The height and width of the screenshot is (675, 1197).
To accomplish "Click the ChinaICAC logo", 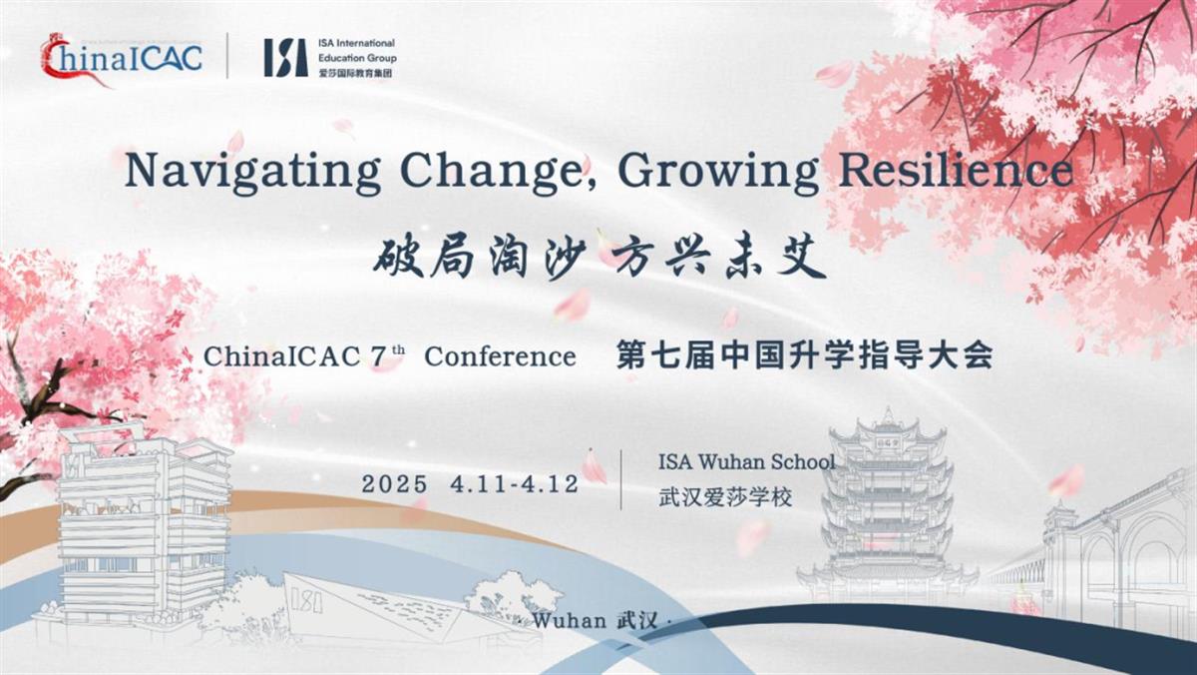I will [x=120, y=56].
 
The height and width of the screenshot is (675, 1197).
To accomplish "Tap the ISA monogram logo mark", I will [x=285, y=57].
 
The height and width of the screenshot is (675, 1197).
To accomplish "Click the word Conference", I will [x=500, y=356].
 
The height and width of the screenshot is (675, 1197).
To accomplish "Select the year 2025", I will [x=395, y=484].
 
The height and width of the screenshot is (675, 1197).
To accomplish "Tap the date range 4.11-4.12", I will [x=514, y=484].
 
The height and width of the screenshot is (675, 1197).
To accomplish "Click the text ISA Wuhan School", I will [x=746, y=462].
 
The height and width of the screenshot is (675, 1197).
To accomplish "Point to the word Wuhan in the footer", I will [x=570, y=620].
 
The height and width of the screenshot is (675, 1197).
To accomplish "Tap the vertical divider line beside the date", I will [x=621, y=479].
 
